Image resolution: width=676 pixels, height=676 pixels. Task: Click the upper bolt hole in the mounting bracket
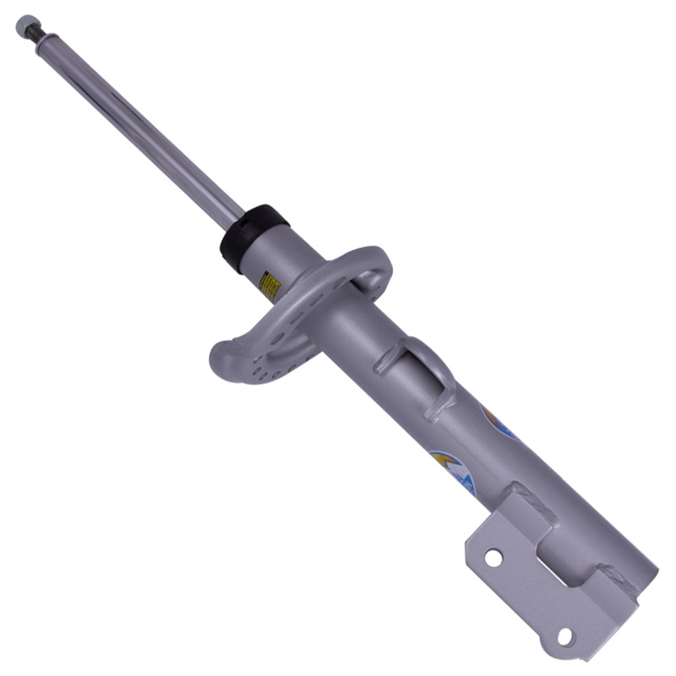[492, 558]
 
